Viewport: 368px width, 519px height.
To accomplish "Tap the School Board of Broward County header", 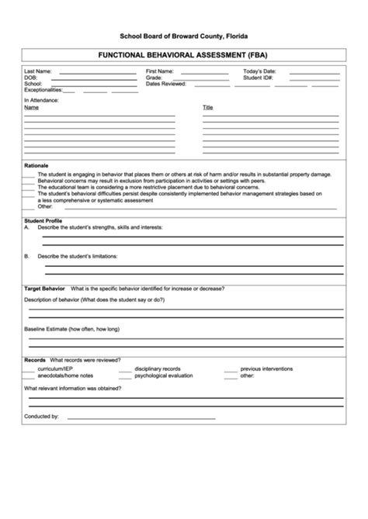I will tap(184, 36).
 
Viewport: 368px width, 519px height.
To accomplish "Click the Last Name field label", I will tap(38, 71).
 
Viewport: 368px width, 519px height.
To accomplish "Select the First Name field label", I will tap(160, 71).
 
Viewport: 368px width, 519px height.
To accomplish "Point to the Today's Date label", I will tap(259, 71).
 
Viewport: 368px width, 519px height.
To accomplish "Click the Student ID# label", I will tap(258, 78).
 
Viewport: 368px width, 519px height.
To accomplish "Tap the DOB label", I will tap(30, 78).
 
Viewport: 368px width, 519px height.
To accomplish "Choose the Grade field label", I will tap(154, 78).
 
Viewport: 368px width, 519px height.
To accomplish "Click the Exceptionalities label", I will tap(43, 90).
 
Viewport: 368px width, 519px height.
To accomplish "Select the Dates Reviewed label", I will tap(165, 84).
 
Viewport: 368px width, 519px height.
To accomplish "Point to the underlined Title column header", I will tap(207, 108).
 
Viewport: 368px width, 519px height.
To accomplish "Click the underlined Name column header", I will tap(31, 108).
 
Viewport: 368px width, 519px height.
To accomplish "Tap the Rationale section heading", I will tap(36, 166).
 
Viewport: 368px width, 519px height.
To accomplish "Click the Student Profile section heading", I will tap(43, 221).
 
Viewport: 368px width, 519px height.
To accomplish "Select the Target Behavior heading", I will tap(43, 288).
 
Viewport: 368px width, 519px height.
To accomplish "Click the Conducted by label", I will tap(41, 417).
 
